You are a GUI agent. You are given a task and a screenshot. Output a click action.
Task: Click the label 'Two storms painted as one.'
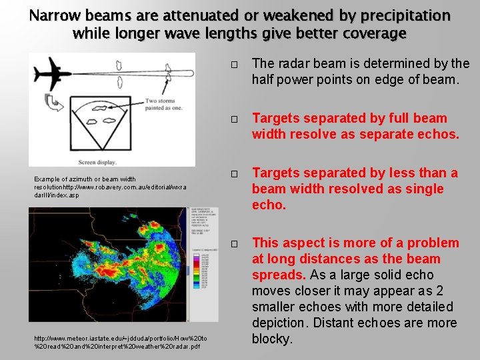(x=161, y=106)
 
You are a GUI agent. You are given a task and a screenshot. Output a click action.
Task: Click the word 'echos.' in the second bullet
(x=438, y=135)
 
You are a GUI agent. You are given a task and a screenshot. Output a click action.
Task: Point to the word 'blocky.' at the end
(x=273, y=339)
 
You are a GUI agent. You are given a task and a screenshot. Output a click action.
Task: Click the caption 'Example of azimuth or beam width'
(x=85, y=179)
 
